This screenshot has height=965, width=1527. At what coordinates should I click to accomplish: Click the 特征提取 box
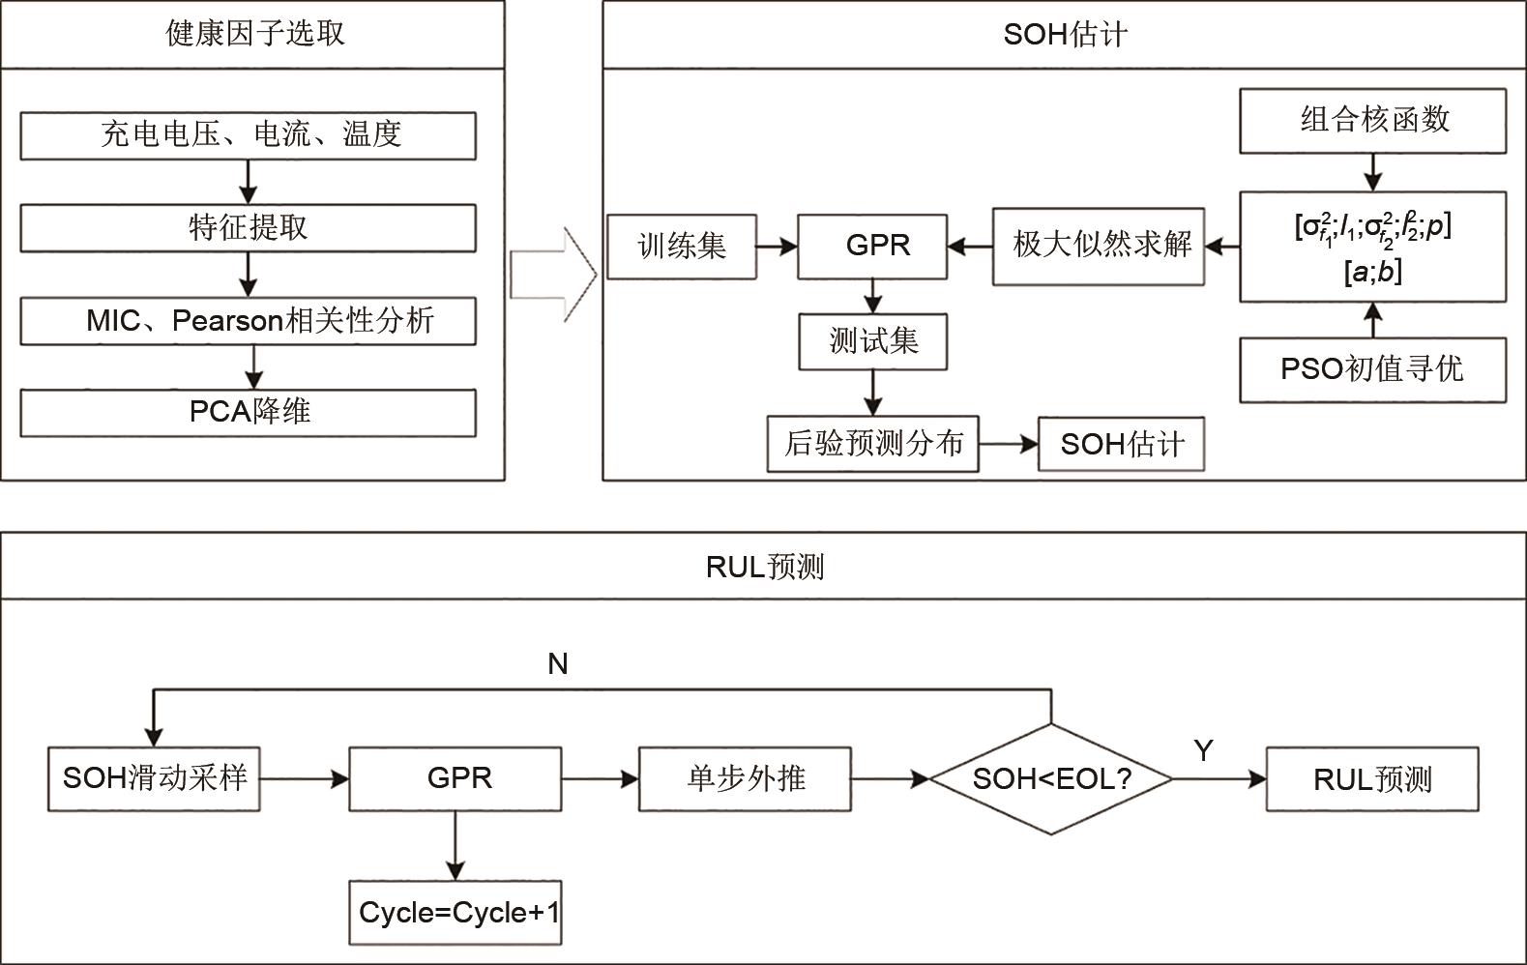pyautogui.click(x=248, y=227)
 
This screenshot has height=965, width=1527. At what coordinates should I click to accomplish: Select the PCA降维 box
pyautogui.click(x=248, y=412)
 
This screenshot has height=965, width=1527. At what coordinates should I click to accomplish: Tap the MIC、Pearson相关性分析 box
pyautogui.click(x=248, y=320)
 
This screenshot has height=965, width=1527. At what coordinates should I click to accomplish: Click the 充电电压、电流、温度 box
pyautogui.click(x=248, y=134)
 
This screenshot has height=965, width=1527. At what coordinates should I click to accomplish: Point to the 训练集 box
pyautogui.click(x=682, y=247)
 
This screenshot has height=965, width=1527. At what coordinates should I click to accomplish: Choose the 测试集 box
pyautogui.click(x=872, y=341)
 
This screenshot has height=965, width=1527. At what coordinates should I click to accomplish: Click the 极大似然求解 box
pyautogui.click(x=1099, y=246)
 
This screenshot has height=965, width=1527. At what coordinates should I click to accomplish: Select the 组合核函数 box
pyautogui.click(x=1372, y=120)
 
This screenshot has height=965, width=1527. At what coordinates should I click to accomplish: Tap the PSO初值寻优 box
pyautogui.click(x=1372, y=369)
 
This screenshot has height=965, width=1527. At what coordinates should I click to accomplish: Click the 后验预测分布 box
pyautogui.click(x=872, y=444)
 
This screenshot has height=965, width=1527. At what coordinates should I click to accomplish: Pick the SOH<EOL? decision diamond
pyautogui.click(x=1051, y=778)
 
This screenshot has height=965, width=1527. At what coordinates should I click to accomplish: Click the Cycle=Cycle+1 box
pyautogui.click(x=455, y=912)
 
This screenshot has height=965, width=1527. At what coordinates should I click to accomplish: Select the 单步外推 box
pyautogui.click(x=745, y=778)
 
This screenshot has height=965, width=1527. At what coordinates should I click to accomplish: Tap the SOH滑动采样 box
pyautogui.click(x=155, y=778)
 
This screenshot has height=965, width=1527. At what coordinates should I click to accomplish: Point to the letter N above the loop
pyautogui.click(x=558, y=664)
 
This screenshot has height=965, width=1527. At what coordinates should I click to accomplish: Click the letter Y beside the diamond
pyautogui.click(x=1203, y=750)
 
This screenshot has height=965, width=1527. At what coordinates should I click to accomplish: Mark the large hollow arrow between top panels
pyautogui.click(x=553, y=275)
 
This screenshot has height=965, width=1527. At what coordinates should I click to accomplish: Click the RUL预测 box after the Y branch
pyautogui.click(x=1372, y=778)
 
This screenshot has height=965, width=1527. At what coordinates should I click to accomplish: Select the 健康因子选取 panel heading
pyautogui.click(x=253, y=34)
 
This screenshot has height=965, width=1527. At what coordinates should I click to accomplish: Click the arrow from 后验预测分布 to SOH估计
pyautogui.click(x=1009, y=444)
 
